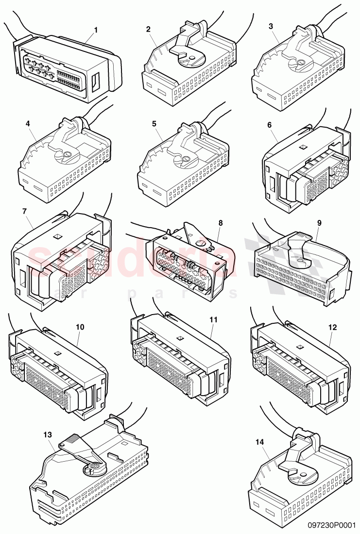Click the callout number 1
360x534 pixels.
click(96, 30)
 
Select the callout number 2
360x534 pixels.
click(148, 29)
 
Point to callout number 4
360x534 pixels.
click(28, 124)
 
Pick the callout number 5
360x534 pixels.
click(154, 124)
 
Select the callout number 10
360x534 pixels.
click(80, 327)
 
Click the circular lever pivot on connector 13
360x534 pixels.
click(94, 467)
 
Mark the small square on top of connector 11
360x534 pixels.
click(179, 338)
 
